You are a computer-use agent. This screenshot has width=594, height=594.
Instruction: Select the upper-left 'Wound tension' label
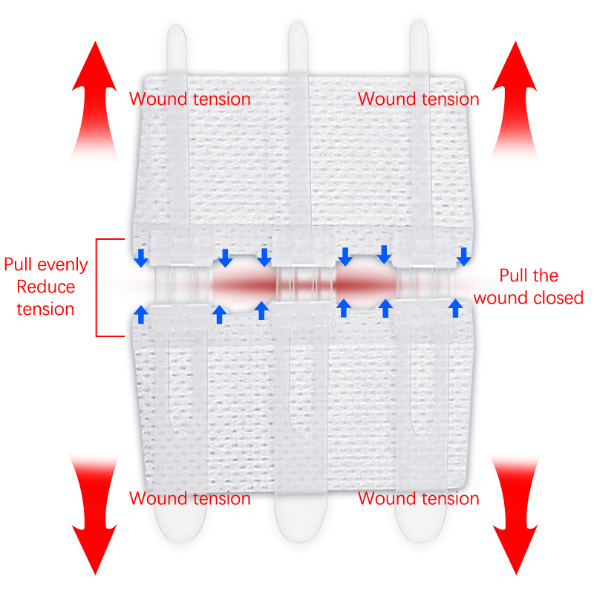coord(190,99)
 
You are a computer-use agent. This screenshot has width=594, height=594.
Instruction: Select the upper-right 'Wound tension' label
coord(419,99)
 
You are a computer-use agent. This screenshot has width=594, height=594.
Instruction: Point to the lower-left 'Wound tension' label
coord(190,498)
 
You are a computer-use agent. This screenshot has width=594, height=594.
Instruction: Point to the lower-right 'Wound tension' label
coord(419,498)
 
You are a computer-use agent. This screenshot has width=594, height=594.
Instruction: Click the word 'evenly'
coord(63,265)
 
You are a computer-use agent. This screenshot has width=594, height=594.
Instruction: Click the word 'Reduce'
coord(45,287)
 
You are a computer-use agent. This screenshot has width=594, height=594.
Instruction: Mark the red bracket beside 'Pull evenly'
coord(99,287)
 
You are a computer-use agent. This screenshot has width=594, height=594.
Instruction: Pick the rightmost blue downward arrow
coord(464,257)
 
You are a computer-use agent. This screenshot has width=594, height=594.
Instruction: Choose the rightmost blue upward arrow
coord(454,308)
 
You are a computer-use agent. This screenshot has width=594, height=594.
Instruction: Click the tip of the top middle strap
coord(297,33)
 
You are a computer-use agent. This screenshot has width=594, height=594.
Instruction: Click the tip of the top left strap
coord(177,37)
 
